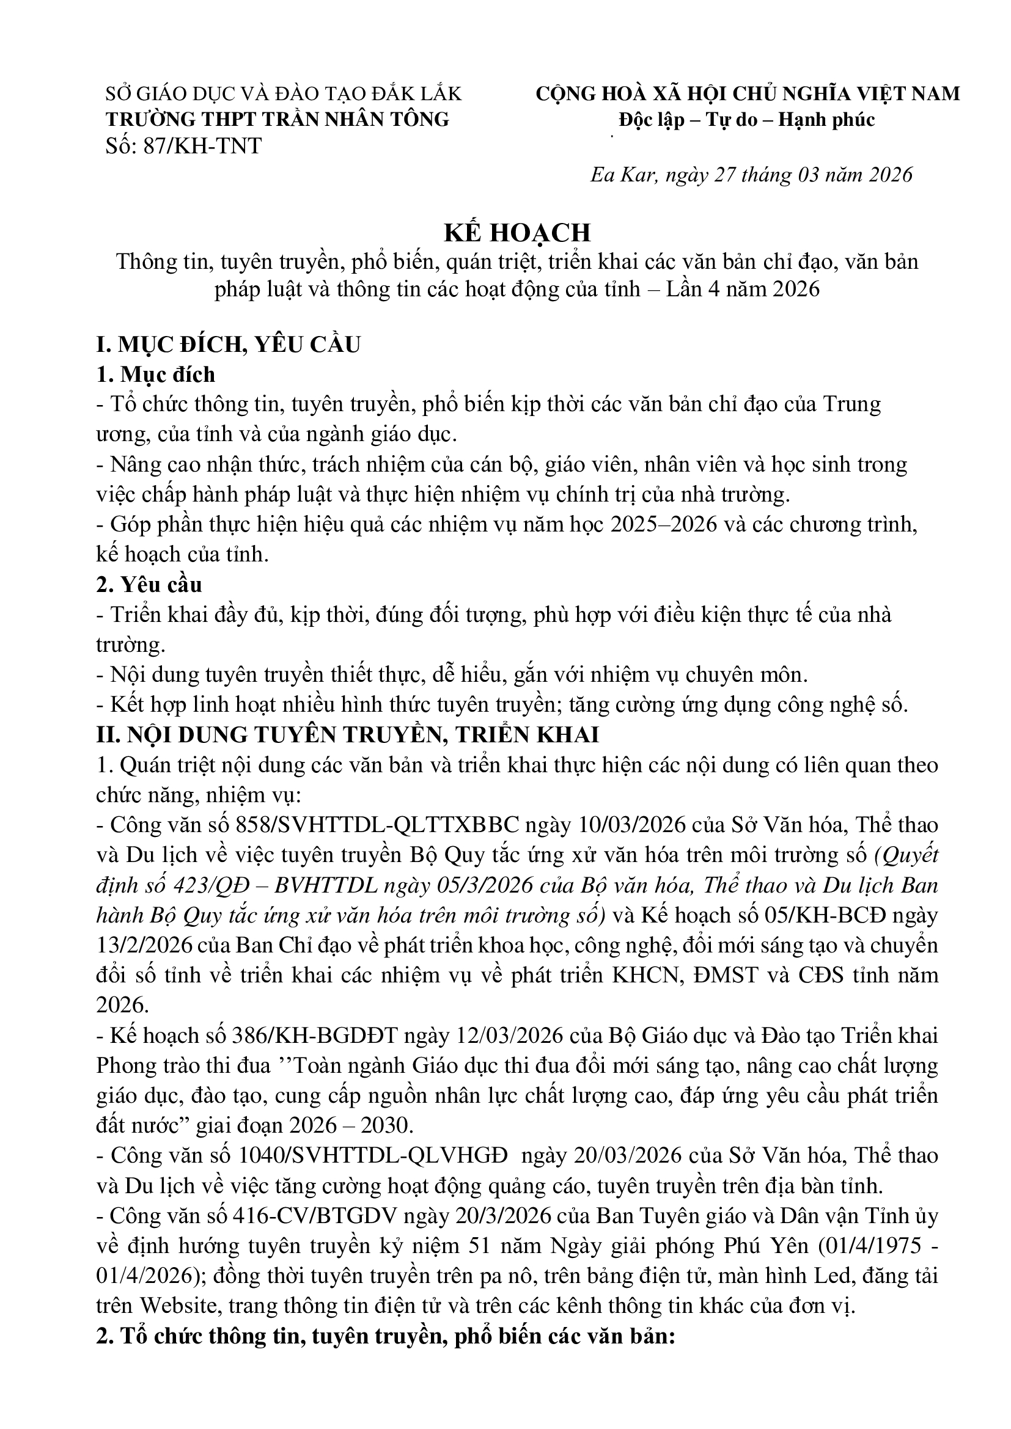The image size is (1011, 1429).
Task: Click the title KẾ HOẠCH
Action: coord(517,233)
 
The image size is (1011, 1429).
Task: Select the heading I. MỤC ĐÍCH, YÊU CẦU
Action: coord(229,344)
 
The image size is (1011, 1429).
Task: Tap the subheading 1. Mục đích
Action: coord(156,374)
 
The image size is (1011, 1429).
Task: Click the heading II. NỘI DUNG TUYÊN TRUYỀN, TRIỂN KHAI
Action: coord(347,734)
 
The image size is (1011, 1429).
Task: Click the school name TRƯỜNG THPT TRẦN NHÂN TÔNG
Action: coord(278,120)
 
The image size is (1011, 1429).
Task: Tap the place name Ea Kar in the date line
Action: coord(622,175)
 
